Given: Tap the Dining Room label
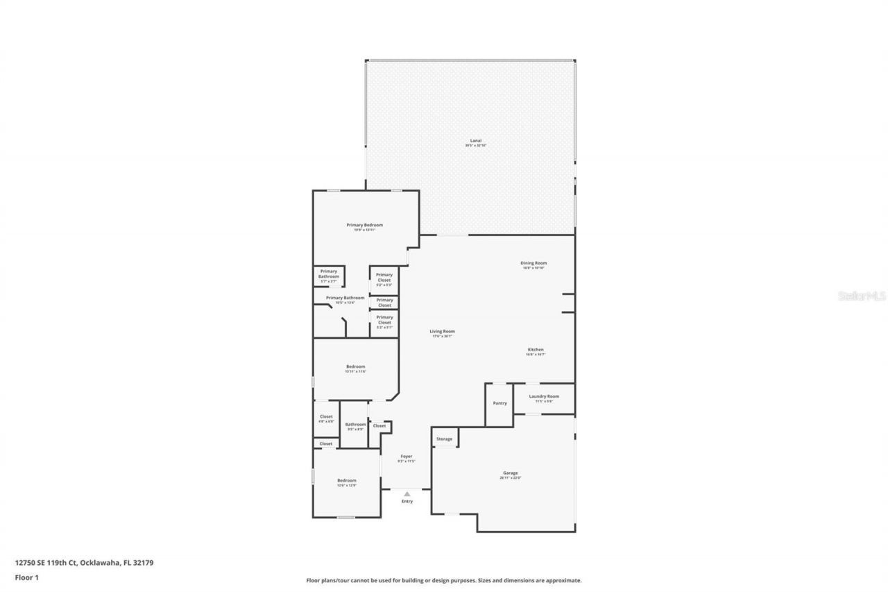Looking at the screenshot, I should click(x=534, y=263).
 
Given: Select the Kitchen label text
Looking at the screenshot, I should click(x=536, y=349).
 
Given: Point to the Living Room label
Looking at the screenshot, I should click(x=442, y=331).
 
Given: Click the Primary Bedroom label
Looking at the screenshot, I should click(x=365, y=225).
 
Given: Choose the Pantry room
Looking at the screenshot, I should click(x=499, y=403).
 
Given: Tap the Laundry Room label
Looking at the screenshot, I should click(x=544, y=396).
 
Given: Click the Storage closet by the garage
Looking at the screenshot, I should click(x=444, y=439).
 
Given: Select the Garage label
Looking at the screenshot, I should click(x=511, y=473).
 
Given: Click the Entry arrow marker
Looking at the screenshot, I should click(x=407, y=493).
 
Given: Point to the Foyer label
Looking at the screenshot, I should click(x=407, y=457).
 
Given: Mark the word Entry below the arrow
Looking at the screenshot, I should click(x=407, y=501).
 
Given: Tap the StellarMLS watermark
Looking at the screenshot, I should click(x=862, y=296).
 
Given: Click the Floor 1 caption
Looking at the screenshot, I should click(x=27, y=577).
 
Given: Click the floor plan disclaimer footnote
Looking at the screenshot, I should click(x=444, y=580).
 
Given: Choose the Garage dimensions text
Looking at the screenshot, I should click(x=511, y=478).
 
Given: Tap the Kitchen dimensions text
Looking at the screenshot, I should click(x=536, y=354).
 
